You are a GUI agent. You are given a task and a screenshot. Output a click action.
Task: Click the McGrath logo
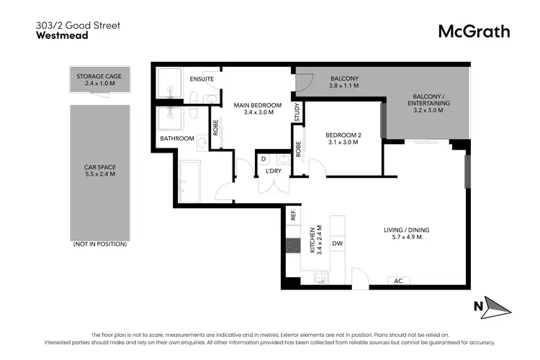(x=474, y=31)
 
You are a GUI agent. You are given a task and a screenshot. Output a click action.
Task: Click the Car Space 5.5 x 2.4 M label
(x=100, y=171)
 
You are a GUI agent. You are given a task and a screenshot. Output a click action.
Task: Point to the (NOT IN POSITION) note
(x=100, y=245)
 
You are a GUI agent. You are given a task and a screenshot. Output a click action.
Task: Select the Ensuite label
(x=201, y=78)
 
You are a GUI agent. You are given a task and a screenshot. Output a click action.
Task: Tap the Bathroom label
(x=176, y=138)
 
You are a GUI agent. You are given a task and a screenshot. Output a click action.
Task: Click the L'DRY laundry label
(x=274, y=171)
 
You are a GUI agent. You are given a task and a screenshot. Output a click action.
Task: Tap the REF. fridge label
(x=293, y=213)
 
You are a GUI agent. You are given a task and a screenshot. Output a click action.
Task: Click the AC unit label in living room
(x=397, y=281)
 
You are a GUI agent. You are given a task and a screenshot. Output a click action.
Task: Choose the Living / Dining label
(x=407, y=233)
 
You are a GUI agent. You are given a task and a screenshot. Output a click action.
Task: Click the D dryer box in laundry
(x=264, y=158)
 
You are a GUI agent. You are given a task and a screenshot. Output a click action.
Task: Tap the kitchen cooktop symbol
(x=293, y=246)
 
